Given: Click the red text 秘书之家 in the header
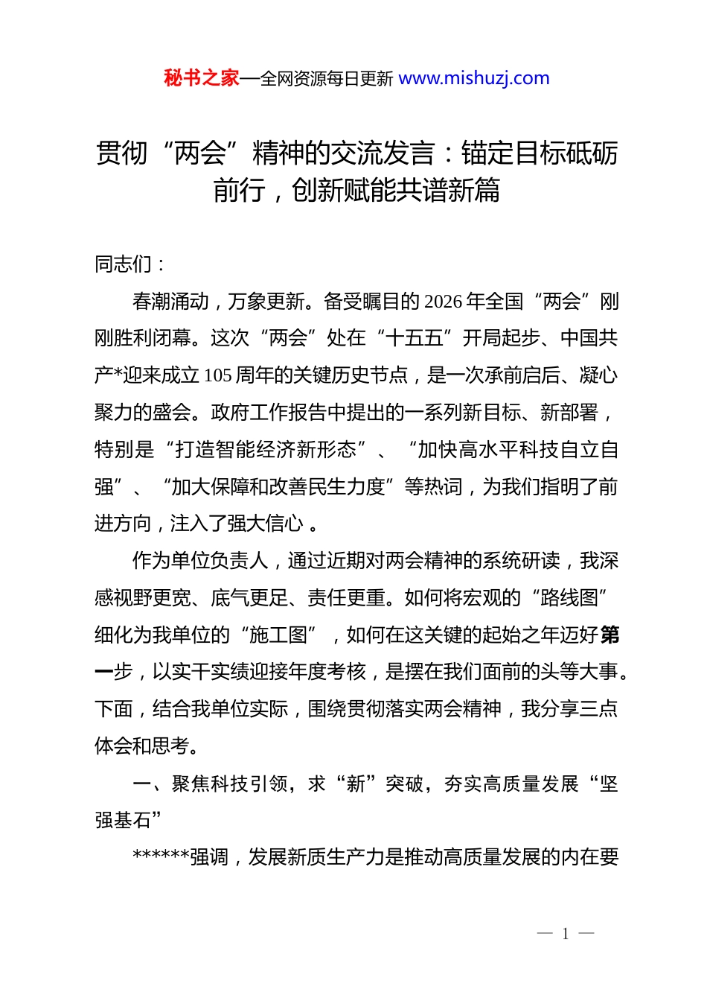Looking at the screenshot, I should (202, 78).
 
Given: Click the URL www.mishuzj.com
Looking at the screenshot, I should (474, 78).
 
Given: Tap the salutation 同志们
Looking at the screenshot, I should (124, 264).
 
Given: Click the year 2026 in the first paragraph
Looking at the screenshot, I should (444, 301).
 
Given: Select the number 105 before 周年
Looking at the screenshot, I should (217, 375).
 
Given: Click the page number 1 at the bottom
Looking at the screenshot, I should (566, 934).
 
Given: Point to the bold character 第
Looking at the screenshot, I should (610, 635).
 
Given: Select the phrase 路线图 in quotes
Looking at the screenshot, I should (569, 598).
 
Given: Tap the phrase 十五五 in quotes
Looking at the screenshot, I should (415, 338).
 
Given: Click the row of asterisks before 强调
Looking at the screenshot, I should (161, 857).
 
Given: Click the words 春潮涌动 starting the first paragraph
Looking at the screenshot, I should (170, 301).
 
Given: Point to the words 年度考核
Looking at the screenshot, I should (327, 672).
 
